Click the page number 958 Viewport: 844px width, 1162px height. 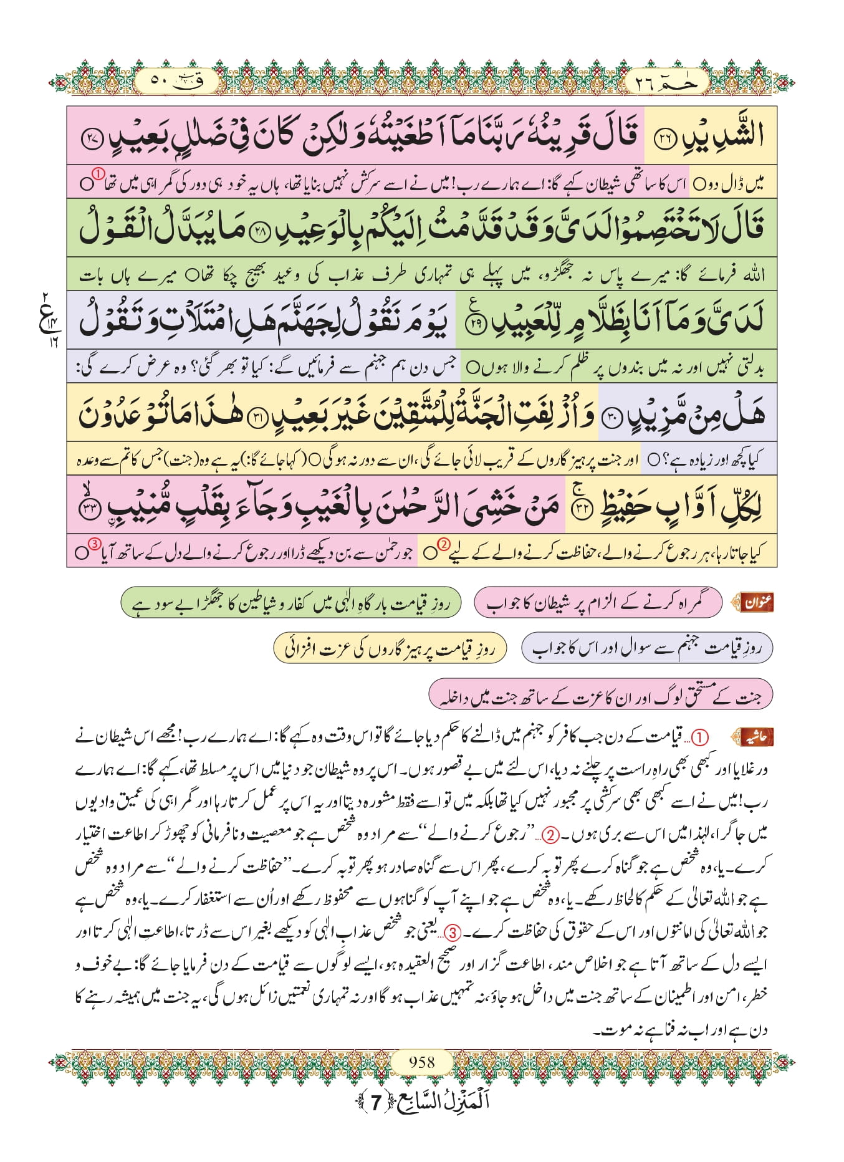pos(422,1061)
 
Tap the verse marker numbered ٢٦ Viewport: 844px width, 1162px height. pos(664,139)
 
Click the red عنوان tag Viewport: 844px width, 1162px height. pos(755,602)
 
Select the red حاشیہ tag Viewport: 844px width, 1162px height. pos(754,737)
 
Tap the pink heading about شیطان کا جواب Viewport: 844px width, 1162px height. pos(597,602)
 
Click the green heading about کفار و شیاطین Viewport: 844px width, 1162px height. pos(290,602)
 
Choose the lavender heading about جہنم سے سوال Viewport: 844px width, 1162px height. pos(646,648)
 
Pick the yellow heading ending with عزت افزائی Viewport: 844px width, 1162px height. pos(390,648)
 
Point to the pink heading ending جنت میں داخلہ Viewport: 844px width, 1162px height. pos(600,694)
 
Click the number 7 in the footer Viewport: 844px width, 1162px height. pos(375,1102)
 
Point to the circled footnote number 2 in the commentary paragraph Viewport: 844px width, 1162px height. pos(550,835)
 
